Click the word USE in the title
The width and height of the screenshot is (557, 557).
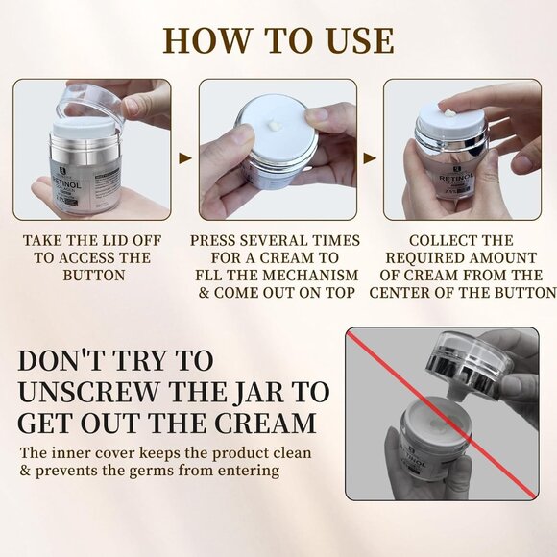pos(357,41)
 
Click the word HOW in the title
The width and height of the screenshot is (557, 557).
pos(206,41)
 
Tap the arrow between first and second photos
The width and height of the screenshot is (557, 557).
pos(185,158)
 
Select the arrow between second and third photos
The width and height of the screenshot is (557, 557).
pos(370,158)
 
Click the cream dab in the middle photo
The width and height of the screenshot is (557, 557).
pos(276,125)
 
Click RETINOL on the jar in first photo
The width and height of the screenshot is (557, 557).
pos(66,182)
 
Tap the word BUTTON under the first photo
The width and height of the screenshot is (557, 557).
pos(94,276)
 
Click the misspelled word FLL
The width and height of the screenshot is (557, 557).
pos(209,276)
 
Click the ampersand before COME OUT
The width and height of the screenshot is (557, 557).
pos(204,293)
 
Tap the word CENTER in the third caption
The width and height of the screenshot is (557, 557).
pos(396,293)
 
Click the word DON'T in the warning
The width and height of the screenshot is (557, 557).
pos(63,361)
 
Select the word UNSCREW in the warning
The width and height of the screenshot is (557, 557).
pos(88,393)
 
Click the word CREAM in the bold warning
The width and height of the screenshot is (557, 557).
pos(266,424)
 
